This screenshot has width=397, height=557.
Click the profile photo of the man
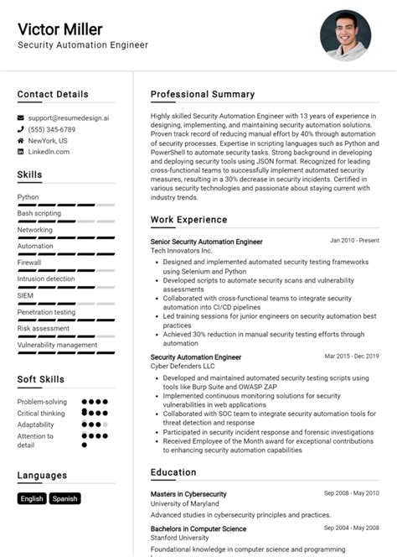[345, 36]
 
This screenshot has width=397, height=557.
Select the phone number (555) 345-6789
[51, 130]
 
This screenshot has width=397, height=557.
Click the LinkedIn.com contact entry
[49, 152]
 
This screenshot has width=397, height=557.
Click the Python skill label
[28, 197]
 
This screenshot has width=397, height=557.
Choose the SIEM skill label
[26, 295]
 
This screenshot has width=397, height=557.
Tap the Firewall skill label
[29, 263]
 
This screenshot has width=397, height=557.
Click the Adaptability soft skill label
[37, 424]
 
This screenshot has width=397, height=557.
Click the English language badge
[32, 498]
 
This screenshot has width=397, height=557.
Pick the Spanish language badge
[64, 498]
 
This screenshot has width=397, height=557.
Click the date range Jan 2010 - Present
[354, 241]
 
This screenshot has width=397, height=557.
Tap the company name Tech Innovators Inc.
[182, 251]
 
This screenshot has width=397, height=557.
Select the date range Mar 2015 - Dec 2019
[352, 356]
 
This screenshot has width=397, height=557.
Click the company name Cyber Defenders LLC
[183, 367]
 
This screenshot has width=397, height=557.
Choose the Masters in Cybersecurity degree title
[188, 494]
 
